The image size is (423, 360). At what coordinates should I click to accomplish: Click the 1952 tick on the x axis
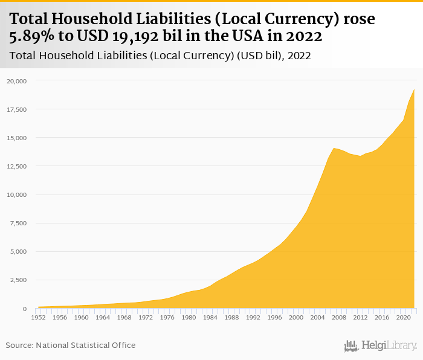(x=38, y=317)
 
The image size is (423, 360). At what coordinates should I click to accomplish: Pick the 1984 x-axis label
(x=210, y=317)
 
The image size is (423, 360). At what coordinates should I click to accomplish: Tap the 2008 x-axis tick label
(x=338, y=317)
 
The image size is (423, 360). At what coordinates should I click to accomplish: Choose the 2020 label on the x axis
(x=403, y=317)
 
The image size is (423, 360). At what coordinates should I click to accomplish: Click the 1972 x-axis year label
(x=146, y=317)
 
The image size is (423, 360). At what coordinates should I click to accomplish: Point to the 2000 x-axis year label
(x=295, y=317)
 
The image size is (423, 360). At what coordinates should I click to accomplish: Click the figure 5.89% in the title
(x=33, y=37)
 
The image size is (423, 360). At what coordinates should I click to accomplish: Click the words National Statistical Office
(x=86, y=345)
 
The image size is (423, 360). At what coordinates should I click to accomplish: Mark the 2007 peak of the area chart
(x=333, y=148)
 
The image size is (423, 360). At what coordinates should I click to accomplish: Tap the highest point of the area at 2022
(x=414, y=90)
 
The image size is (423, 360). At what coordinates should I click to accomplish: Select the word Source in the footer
(x=19, y=345)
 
